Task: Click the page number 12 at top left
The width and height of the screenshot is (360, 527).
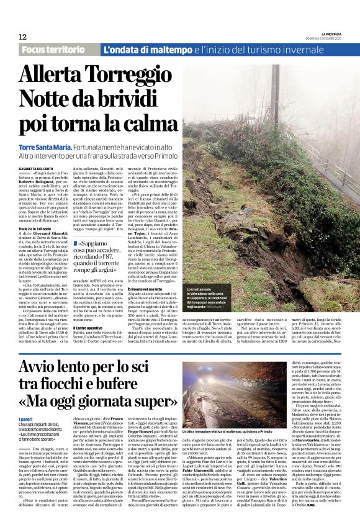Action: (22, 37)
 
